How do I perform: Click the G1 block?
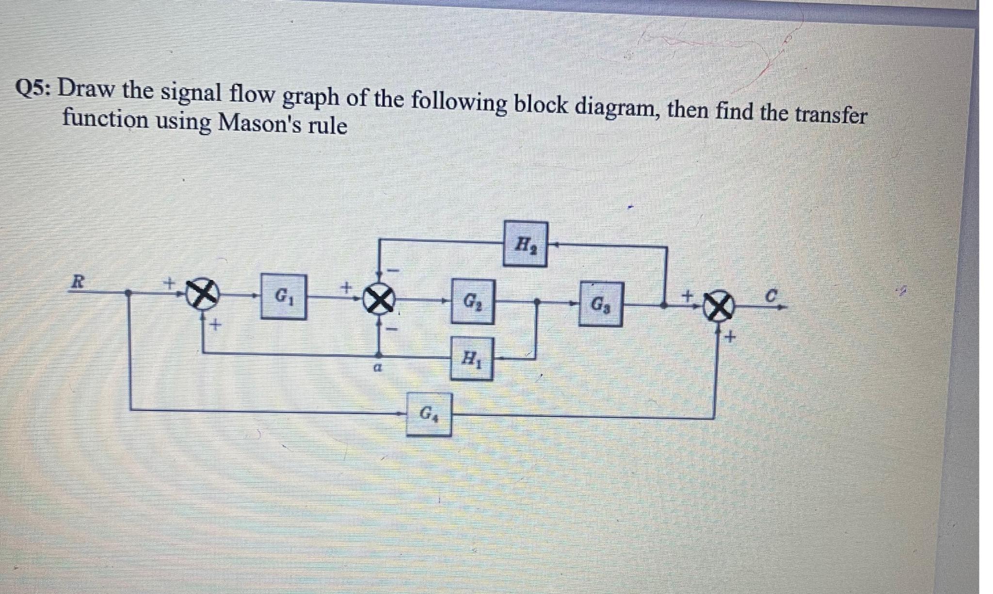[x=284, y=297]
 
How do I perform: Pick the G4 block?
[x=429, y=414]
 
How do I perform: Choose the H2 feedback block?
[x=525, y=244]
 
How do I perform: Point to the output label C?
[x=774, y=295]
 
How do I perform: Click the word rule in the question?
[x=329, y=126]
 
